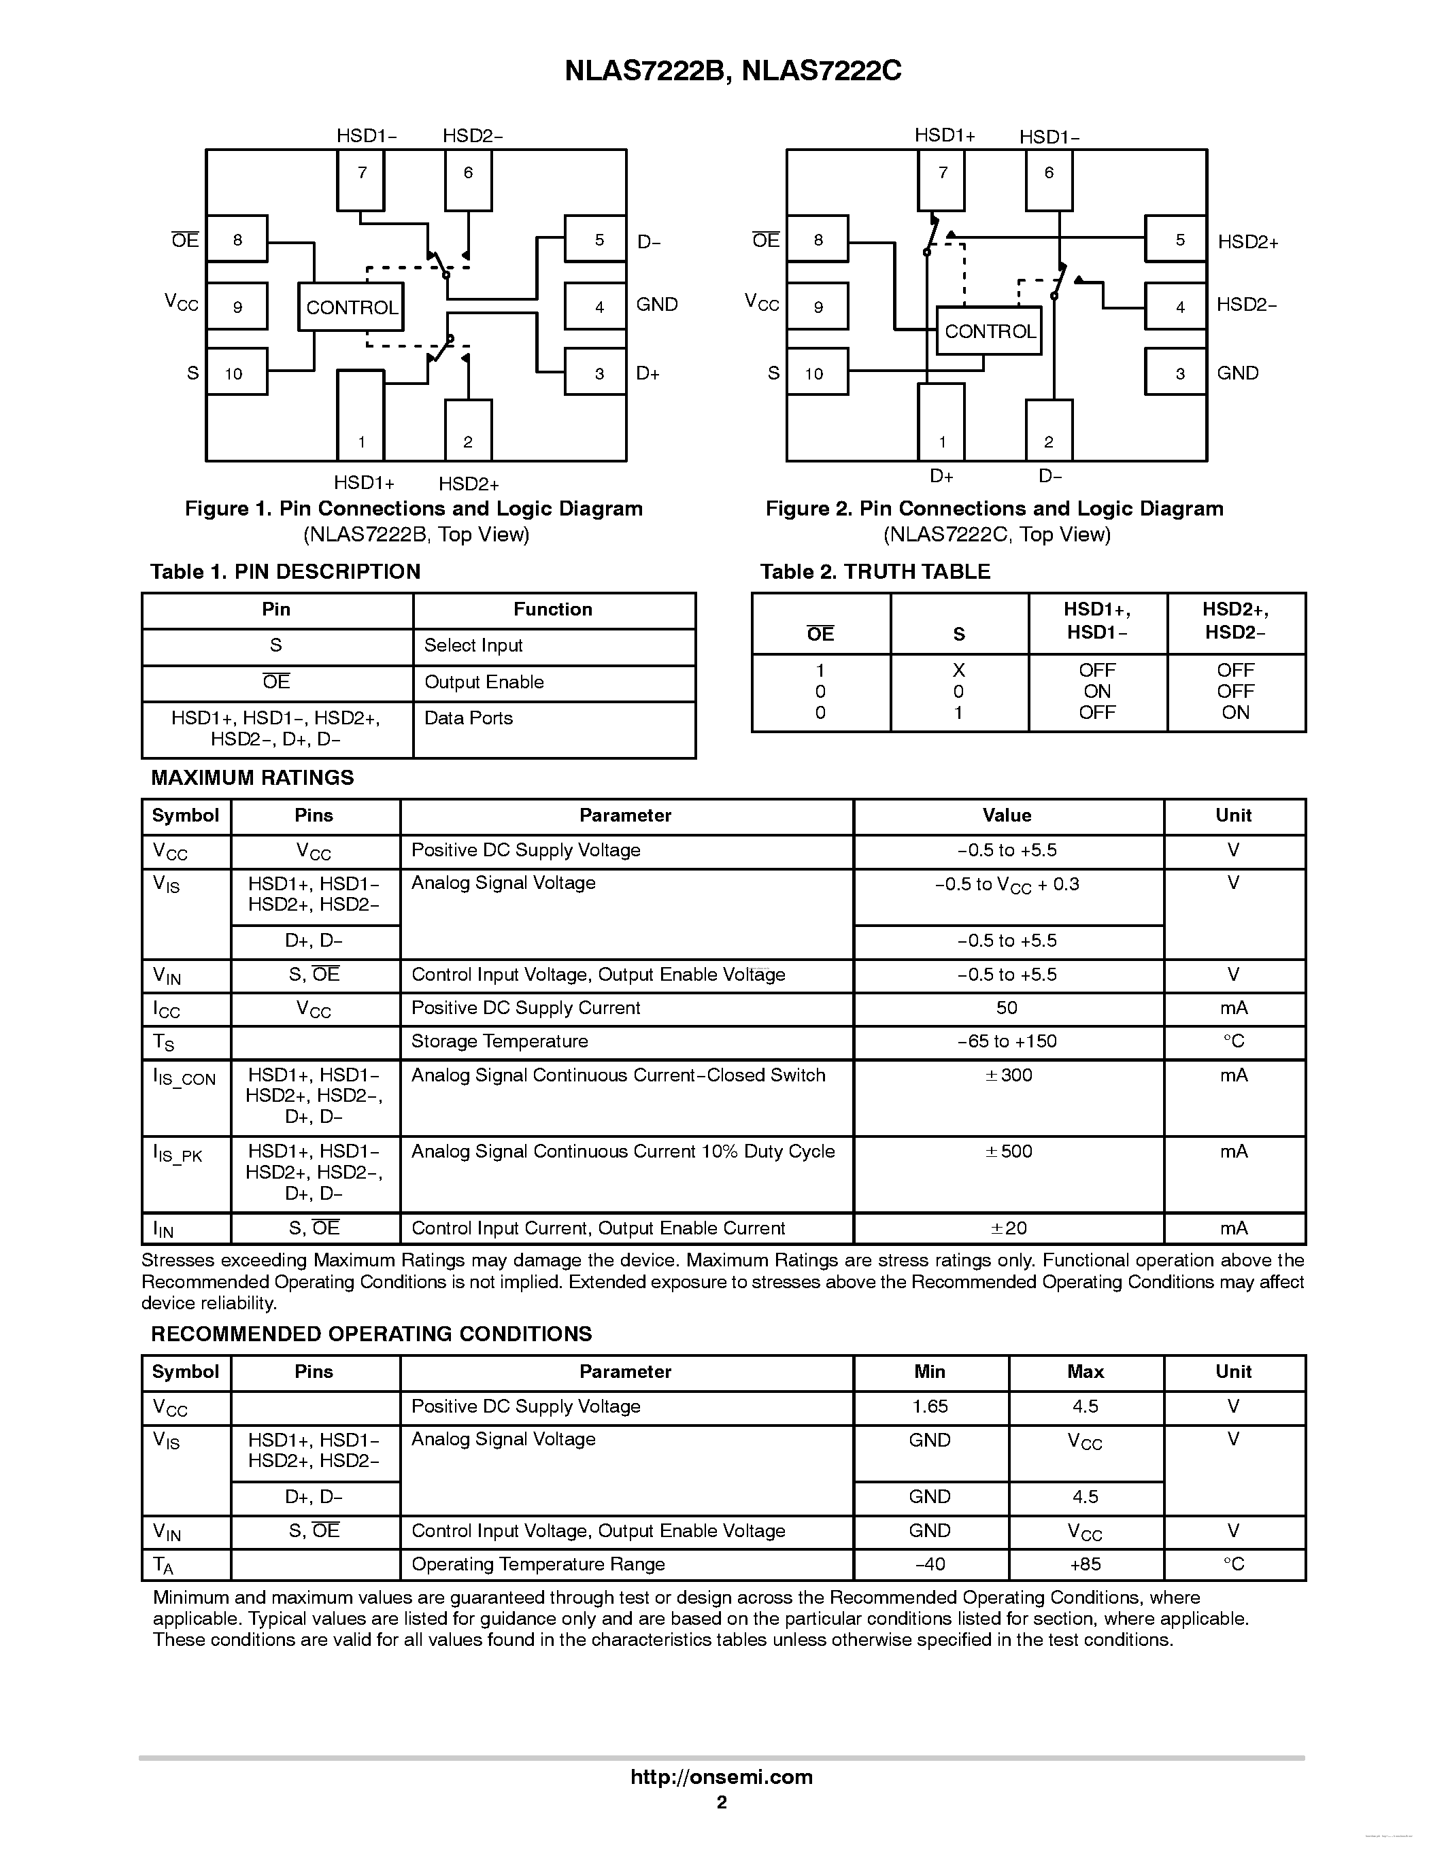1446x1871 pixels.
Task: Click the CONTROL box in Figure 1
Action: point(351,307)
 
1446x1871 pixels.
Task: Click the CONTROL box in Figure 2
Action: point(990,331)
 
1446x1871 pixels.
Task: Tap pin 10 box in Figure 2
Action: point(818,372)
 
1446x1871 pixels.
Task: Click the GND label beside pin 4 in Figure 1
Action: point(657,304)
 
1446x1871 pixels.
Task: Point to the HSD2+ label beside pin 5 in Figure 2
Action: point(1248,241)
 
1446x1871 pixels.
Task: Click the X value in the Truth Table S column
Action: point(958,670)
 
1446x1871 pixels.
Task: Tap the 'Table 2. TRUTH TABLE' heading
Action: point(875,571)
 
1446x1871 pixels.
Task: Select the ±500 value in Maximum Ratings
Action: point(1008,1151)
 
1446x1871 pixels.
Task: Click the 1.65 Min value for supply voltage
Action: point(930,1406)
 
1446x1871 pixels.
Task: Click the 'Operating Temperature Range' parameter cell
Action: point(538,1564)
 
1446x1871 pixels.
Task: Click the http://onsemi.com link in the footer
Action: point(721,1776)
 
